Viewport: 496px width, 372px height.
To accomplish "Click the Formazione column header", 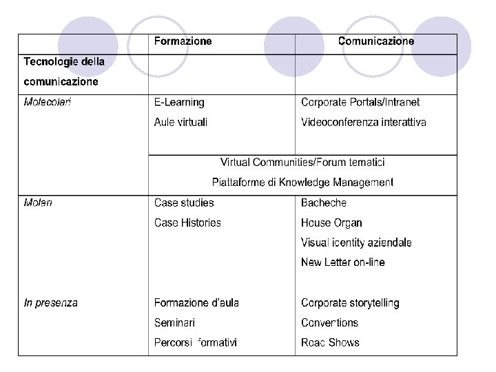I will coord(183,41).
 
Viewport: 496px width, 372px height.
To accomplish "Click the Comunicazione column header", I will coord(375,41).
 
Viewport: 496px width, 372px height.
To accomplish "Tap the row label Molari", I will coord(38,203).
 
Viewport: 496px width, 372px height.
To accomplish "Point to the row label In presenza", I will coord(50,302).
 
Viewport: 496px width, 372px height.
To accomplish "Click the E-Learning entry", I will coord(179,103).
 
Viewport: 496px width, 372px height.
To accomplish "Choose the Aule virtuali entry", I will coord(180,123).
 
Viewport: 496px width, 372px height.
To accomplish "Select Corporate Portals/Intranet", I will coord(360,103).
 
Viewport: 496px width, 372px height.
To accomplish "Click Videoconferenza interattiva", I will coord(363,123).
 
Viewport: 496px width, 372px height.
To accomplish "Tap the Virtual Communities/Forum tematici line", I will coord(302,163).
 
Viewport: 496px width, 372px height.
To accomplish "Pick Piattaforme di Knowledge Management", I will coord(302,183).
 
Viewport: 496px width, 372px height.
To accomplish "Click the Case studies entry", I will coord(184,203).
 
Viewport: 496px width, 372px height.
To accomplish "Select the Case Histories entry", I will coord(187,223).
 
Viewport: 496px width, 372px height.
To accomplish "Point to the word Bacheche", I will coord(324,203).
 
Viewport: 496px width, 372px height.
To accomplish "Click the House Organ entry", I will coord(331,223).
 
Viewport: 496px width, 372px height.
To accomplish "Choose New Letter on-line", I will coord(342,262).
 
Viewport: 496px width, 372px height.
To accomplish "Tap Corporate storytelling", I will coord(350,302).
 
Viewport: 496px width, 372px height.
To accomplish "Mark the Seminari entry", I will coord(174,322).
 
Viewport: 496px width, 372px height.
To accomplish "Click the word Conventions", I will coord(329,322).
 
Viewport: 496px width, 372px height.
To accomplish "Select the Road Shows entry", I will coord(330,342).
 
